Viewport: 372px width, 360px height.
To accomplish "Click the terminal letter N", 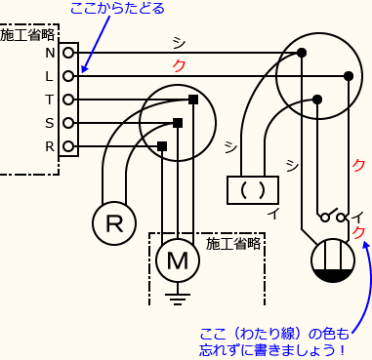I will click(49, 53).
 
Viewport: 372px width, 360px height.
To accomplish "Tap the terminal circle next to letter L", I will click(68, 76).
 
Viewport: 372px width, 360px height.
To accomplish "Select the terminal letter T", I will click(49, 100).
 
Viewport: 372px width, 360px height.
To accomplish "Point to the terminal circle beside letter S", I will click(68, 123).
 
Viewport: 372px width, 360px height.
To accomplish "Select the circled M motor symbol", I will click(178, 260).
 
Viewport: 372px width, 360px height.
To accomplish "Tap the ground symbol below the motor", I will click(178, 297).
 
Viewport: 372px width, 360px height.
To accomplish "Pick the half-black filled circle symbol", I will click(332, 263).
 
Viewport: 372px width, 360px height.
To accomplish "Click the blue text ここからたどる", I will click(117, 10).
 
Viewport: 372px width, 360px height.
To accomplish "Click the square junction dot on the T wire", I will click(193, 100).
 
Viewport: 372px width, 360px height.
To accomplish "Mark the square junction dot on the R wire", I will click(161, 146).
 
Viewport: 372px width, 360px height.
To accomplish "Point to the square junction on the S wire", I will click(178, 123).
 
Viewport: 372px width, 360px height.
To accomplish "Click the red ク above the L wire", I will click(179, 65).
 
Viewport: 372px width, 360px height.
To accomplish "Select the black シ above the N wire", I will click(179, 42).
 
